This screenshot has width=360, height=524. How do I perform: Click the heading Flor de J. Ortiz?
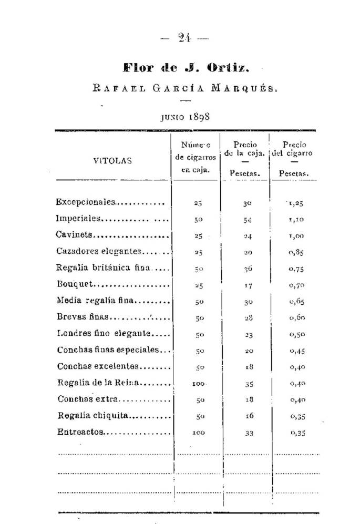[x=185, y=67]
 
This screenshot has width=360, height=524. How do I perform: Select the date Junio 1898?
[x=185, y=116]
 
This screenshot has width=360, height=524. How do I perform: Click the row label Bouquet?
[x=75, y=285]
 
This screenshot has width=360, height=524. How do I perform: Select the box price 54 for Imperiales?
[x=248, y=220]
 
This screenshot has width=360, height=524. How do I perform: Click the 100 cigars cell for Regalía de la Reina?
[x=198, y=384]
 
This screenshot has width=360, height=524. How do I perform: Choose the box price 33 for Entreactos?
[x=249, y=433]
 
